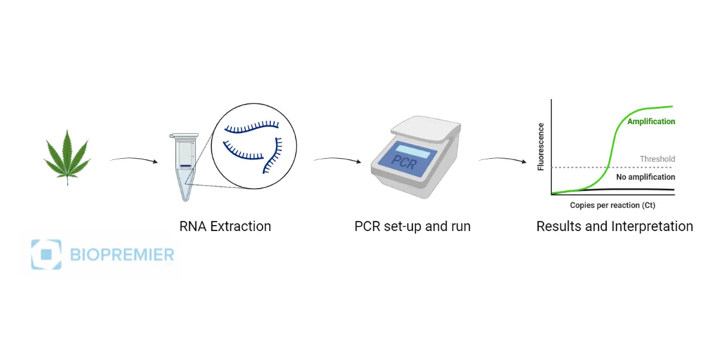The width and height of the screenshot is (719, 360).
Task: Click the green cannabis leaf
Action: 66,156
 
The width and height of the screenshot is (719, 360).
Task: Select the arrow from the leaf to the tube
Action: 133,160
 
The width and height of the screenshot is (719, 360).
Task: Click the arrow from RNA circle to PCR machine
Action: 338,160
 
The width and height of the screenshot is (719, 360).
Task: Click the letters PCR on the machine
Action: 404,162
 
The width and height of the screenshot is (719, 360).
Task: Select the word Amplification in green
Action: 651,121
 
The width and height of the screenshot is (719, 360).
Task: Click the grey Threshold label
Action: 657,159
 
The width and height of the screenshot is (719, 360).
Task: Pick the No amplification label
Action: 646,177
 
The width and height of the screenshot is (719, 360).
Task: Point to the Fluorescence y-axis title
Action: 541,147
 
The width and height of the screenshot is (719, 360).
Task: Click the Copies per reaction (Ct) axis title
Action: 613,205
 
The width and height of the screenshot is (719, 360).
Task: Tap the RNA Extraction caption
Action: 225,227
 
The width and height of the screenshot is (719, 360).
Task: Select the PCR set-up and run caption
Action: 412,227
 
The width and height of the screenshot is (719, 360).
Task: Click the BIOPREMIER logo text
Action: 122,255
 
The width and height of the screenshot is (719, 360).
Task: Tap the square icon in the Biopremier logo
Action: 46,254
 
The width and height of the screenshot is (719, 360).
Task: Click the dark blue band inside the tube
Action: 185,165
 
